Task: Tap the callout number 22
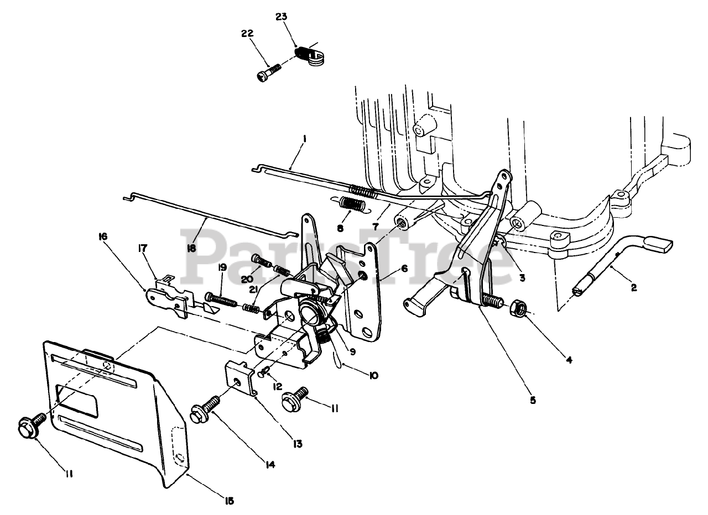coord(247,34)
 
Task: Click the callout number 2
coord(633,288)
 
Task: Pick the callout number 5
coord(532,400)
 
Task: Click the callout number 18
coord(191,249)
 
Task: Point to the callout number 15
coord(229,501)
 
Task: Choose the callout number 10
coord(373,375)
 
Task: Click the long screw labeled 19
coord(219,301)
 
